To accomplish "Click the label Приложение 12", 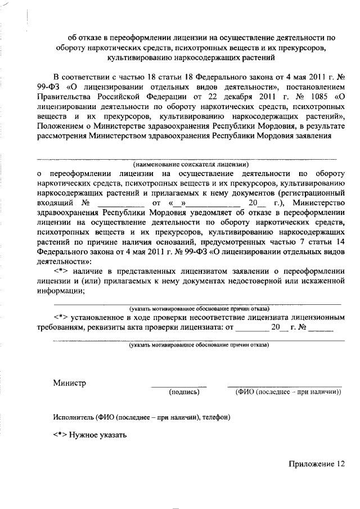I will (x=316, y=463).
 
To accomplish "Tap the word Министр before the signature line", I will (x=70, y=383).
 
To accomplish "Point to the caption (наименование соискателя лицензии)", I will (x=191, y=165).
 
